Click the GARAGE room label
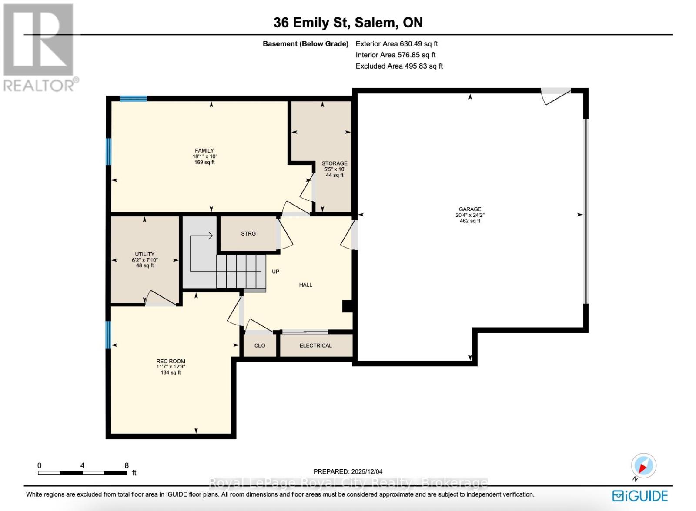pos(470,209)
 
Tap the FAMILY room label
pos(204,150)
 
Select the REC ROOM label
pos(171,361)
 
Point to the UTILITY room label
pos(144,254)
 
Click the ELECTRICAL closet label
pos(315,345)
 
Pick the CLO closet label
pos(260,345)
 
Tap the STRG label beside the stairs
pos(248,233)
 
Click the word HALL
pos(305,285)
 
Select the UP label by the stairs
pos(275,272)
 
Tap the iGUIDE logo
pos(640,496)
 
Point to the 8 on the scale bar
pos(127,465)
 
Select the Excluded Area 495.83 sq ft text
pos(399,66)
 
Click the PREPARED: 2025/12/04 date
pos(348,471)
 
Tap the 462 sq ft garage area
pos(470,221)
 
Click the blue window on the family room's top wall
pos(133,99)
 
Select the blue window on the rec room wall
pos(108,335)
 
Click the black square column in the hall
pos(347,306)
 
